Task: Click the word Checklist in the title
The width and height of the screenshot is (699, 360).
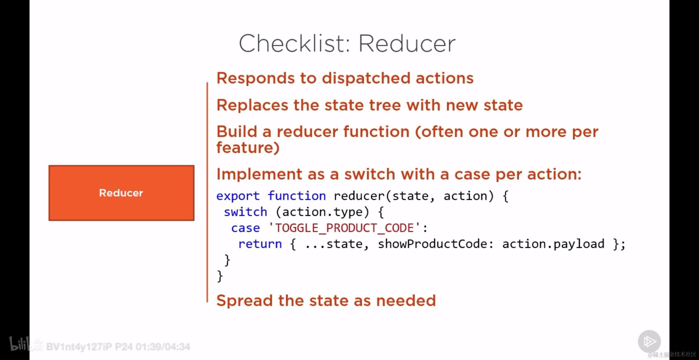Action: (294, 43)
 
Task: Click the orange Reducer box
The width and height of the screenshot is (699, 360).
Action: (122, 193)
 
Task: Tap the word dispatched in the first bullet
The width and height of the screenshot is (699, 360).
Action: (366, 78)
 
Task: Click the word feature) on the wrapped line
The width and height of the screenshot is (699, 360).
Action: (248, 148)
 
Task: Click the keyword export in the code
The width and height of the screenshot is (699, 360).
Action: (238, 196)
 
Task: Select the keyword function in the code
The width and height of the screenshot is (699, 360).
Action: (297, 196)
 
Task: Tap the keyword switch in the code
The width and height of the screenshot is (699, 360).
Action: (245, 212)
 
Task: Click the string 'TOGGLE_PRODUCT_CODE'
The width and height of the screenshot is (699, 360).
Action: (344, 228)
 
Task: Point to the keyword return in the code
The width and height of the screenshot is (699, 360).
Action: (260, 244)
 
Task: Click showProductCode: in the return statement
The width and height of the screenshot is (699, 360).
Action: (436, 244)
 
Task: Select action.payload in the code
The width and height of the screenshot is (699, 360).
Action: (553, 244)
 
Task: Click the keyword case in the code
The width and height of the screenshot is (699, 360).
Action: (245, 228)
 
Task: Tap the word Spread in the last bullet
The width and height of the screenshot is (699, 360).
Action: (245, 301)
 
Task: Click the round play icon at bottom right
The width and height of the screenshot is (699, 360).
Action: (649, 341)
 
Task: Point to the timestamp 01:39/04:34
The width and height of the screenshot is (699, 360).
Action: (163, 347)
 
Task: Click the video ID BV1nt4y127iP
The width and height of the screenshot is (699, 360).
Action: (79, 347)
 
